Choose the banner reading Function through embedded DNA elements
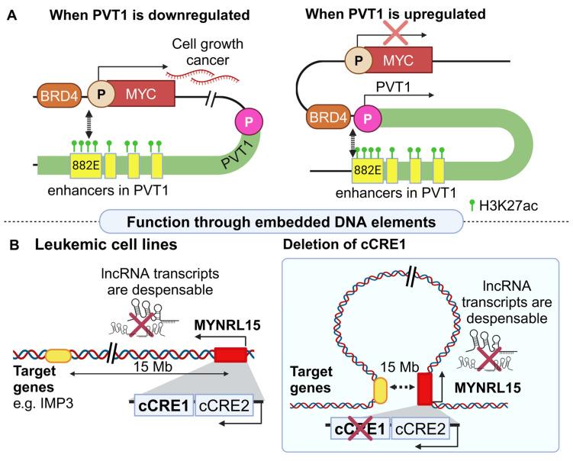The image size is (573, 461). [286, 222]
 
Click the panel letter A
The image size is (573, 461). [10, 12]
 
